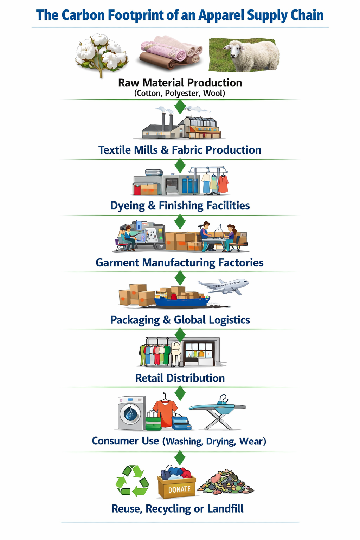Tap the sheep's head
[231, 51]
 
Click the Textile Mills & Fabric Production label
[180, 150]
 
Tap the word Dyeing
[127, 206]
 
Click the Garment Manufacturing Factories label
[180, 263]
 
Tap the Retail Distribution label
[180, 378]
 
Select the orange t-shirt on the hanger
[165, 409]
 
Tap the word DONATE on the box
[179, 489]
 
